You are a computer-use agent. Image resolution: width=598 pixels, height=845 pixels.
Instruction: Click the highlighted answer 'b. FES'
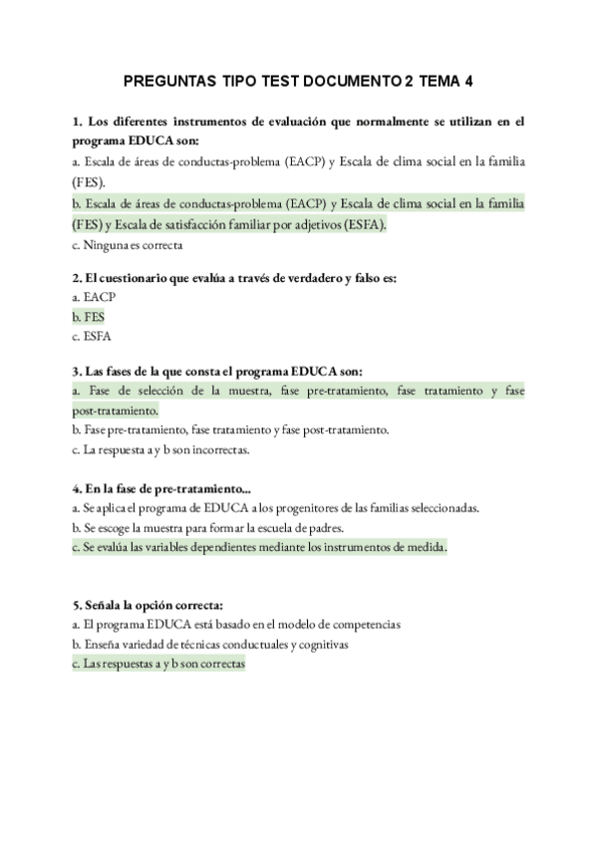pyautogui.click(x=88, y=316)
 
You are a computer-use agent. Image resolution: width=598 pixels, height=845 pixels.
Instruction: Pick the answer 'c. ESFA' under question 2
pyautogui.click(x=91, y=335)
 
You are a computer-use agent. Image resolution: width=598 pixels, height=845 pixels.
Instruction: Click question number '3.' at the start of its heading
pyautogui.click(x=78, y=370)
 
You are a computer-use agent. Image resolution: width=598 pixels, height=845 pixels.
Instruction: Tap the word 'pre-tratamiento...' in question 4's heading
pyautogui.click(x=205, y=488)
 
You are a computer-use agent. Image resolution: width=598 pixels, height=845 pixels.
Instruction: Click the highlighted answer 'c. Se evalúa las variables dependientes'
pyautogui.click(x=260, y=547)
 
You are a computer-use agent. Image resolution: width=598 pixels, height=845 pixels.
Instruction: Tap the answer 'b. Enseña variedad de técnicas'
pyautogui.click(x=209, y=645)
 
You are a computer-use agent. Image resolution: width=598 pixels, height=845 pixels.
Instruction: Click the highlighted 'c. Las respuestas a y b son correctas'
pyautogui.click(x=159, y=664)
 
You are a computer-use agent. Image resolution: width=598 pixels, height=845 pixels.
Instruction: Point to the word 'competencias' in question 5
pyautogui.click(x=368, y=625)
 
